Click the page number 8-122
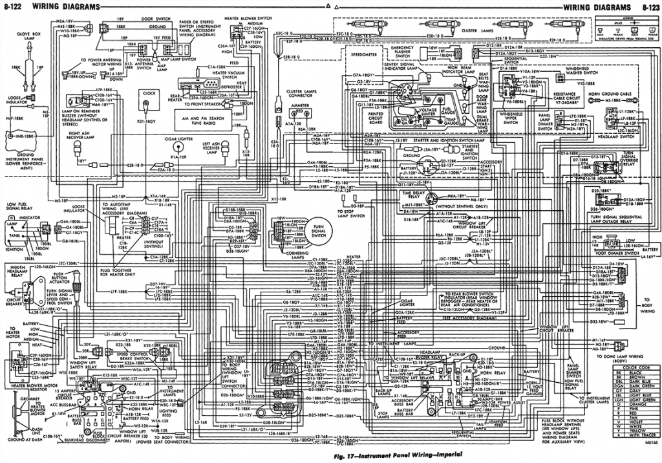[x=14, y=7]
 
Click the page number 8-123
[x=650, y=7]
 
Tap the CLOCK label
[x=149, y=93]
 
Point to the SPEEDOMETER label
[x=363, y=55]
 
